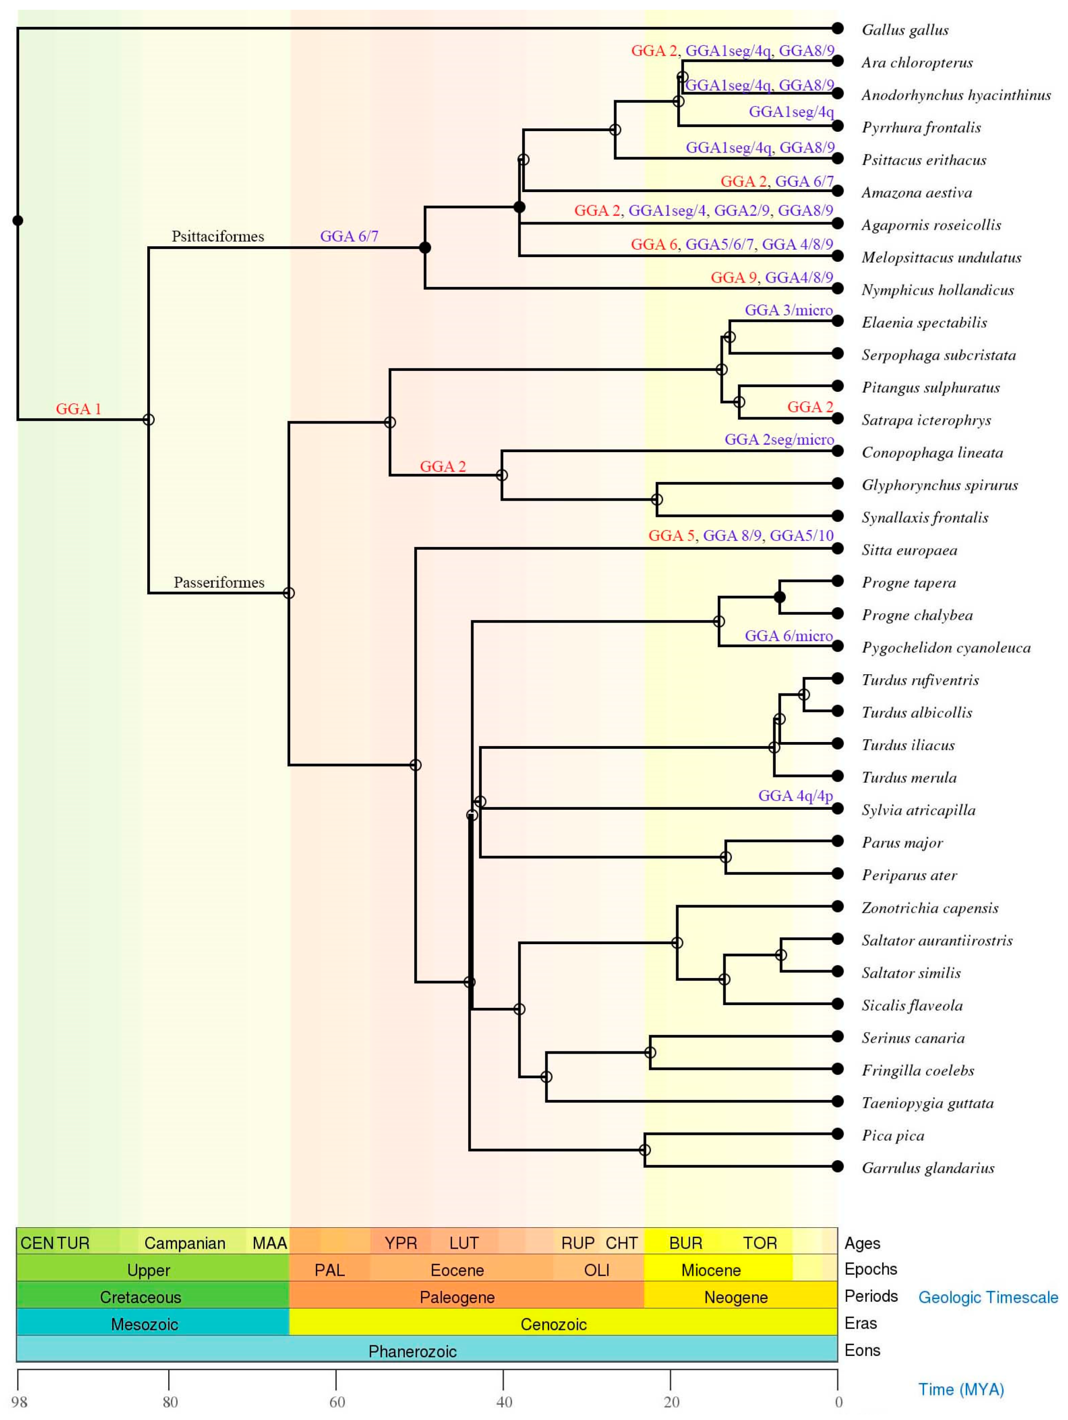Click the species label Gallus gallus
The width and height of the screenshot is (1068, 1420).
click(904, 30)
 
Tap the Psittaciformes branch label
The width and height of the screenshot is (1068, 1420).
click(218, 236)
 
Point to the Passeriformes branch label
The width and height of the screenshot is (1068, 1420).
click(219, 582)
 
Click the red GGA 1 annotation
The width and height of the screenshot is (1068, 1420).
click(78, 409)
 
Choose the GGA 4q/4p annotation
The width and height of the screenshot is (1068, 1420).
click(795, 796)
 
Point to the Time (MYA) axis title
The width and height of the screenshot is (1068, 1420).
click(961, 1389)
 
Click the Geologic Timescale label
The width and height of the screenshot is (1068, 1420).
click(988, 1297)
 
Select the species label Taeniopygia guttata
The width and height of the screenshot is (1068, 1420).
click(927, 1103)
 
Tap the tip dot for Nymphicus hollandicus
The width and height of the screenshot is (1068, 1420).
click(837, 288)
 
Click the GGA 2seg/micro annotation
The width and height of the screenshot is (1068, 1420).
click(779, 440)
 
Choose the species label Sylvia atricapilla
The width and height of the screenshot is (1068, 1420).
click(918, 810)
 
